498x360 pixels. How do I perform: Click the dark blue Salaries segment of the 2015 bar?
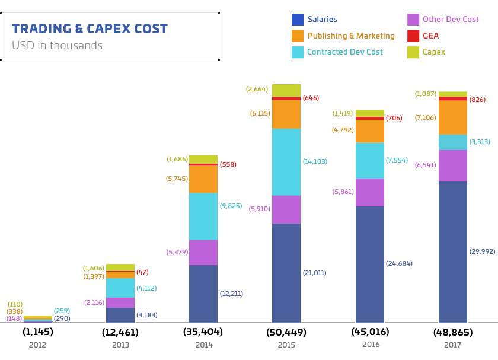click(x=286, y=273)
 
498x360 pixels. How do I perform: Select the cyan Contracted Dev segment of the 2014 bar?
click(x=203, y=216)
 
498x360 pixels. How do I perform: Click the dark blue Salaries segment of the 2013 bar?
click(x=120, y=315)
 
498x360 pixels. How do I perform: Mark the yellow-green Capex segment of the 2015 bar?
click(x=286, y=90)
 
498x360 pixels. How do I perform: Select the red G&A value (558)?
click(x=228, y=164)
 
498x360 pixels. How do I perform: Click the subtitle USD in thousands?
click(x=57, y=46)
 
